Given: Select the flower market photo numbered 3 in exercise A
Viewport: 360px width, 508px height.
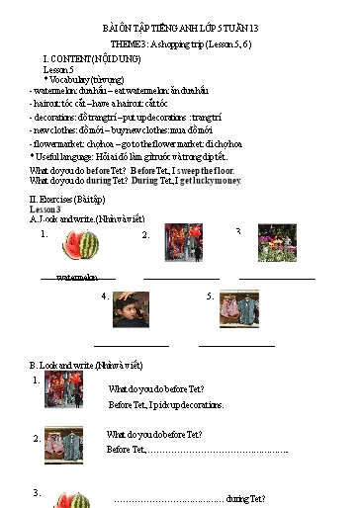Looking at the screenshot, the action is click(277, 243).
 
